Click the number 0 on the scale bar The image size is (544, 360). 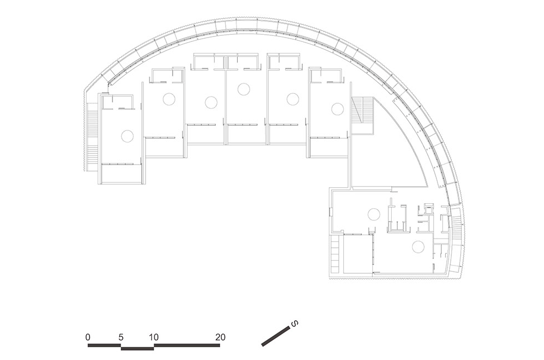pyautogui.click(x=88, y=337)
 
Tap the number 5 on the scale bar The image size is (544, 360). pyautogui.click(x=121, y=337)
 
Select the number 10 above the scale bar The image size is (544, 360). pyautogui.click(x=154, y=337)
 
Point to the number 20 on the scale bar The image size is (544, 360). pyautogui.click(x=220, y=337)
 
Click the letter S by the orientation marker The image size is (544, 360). pyautogui.click(x=295, y=324)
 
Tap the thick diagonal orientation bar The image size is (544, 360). pyautogui.click(x=276, y=336)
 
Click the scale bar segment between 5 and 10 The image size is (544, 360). pyautogui.click(x=137, y=348)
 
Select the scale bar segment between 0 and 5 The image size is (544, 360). pyautogui.click(x=104, y=345)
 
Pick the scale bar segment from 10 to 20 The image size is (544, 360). pyautogui.click(x=187, y=345)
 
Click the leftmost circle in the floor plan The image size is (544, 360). pyautogui.click(x=127, y=136)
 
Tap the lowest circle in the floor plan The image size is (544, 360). pyautogui.click(x=418, y=247)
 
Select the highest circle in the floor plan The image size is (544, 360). pyautogui.click(x=244, y=89)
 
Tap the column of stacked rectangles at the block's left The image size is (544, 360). pyautogui.click(x=335, y=254)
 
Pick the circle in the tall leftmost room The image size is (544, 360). pyautogui.click(x=127, y=136)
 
